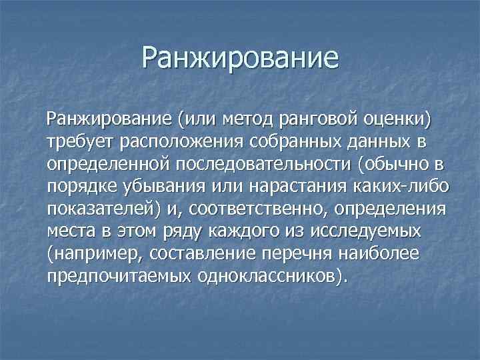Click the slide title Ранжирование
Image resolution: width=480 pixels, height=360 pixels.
240,58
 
